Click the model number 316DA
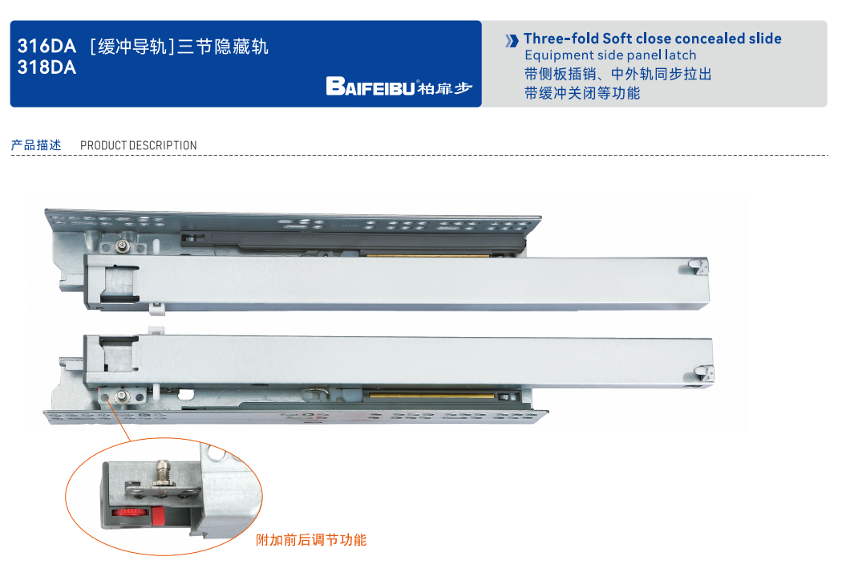pos(47,47)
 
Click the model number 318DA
pos(47,67)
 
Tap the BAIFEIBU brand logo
pos(399,87)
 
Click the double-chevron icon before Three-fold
pos(512,40)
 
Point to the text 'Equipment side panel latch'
pos(610,55)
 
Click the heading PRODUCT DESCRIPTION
pos(139,145)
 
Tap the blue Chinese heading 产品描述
pos(36,145)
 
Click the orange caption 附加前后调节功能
pos(311,540)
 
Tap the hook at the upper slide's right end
pos(698,267)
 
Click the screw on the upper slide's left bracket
pos(123,246)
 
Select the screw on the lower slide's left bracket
pos(123,396)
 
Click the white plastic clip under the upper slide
pos(156,308)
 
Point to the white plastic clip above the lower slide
pos(156,331)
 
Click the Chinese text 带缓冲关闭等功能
pos(582,93)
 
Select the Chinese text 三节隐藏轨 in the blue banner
pos(222,47)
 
